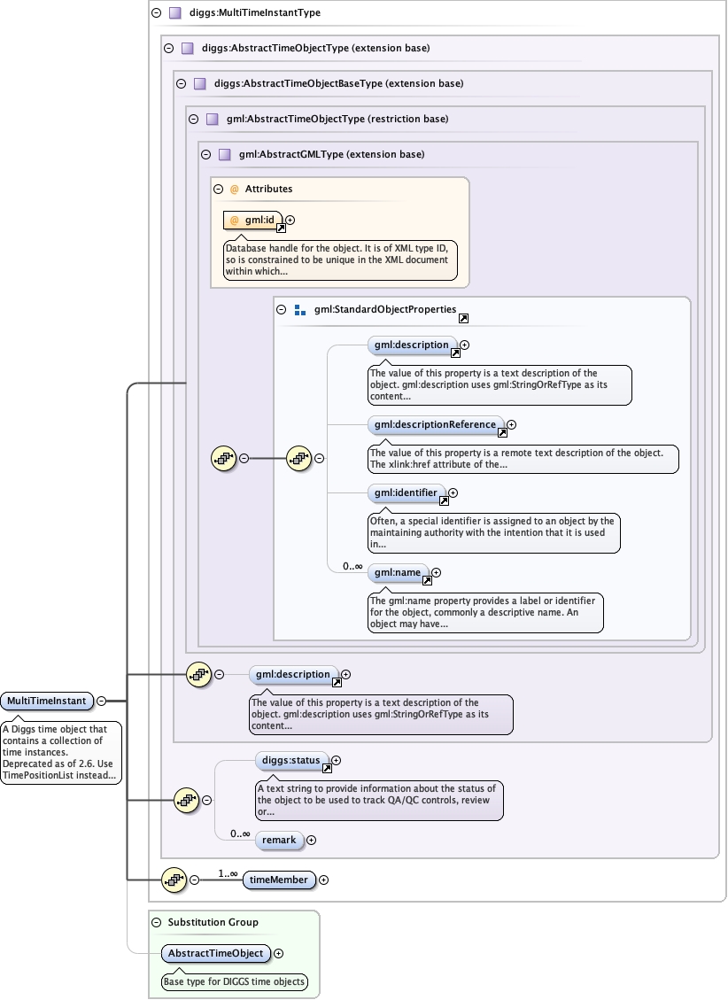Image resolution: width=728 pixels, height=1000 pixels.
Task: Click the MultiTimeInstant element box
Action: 47,702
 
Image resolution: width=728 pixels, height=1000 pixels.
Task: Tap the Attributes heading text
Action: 268,189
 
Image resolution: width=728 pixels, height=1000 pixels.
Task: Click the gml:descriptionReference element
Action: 435,425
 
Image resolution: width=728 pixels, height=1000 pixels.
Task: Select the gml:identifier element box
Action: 406,492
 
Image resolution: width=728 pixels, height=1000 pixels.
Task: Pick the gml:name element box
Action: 397,573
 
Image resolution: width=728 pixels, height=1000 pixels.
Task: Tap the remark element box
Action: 279,840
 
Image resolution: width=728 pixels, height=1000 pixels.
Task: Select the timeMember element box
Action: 279,880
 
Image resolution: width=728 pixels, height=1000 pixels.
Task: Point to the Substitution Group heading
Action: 213,922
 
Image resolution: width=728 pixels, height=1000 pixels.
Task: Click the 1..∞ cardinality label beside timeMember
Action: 228,873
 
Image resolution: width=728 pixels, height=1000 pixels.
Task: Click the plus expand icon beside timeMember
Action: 323,880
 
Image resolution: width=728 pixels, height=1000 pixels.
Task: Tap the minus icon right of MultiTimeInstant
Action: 101,701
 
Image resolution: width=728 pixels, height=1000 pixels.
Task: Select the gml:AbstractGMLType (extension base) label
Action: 331,154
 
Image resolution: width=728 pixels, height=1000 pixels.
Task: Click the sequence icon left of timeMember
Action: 174,880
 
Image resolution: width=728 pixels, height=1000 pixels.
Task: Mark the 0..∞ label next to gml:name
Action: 352,566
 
